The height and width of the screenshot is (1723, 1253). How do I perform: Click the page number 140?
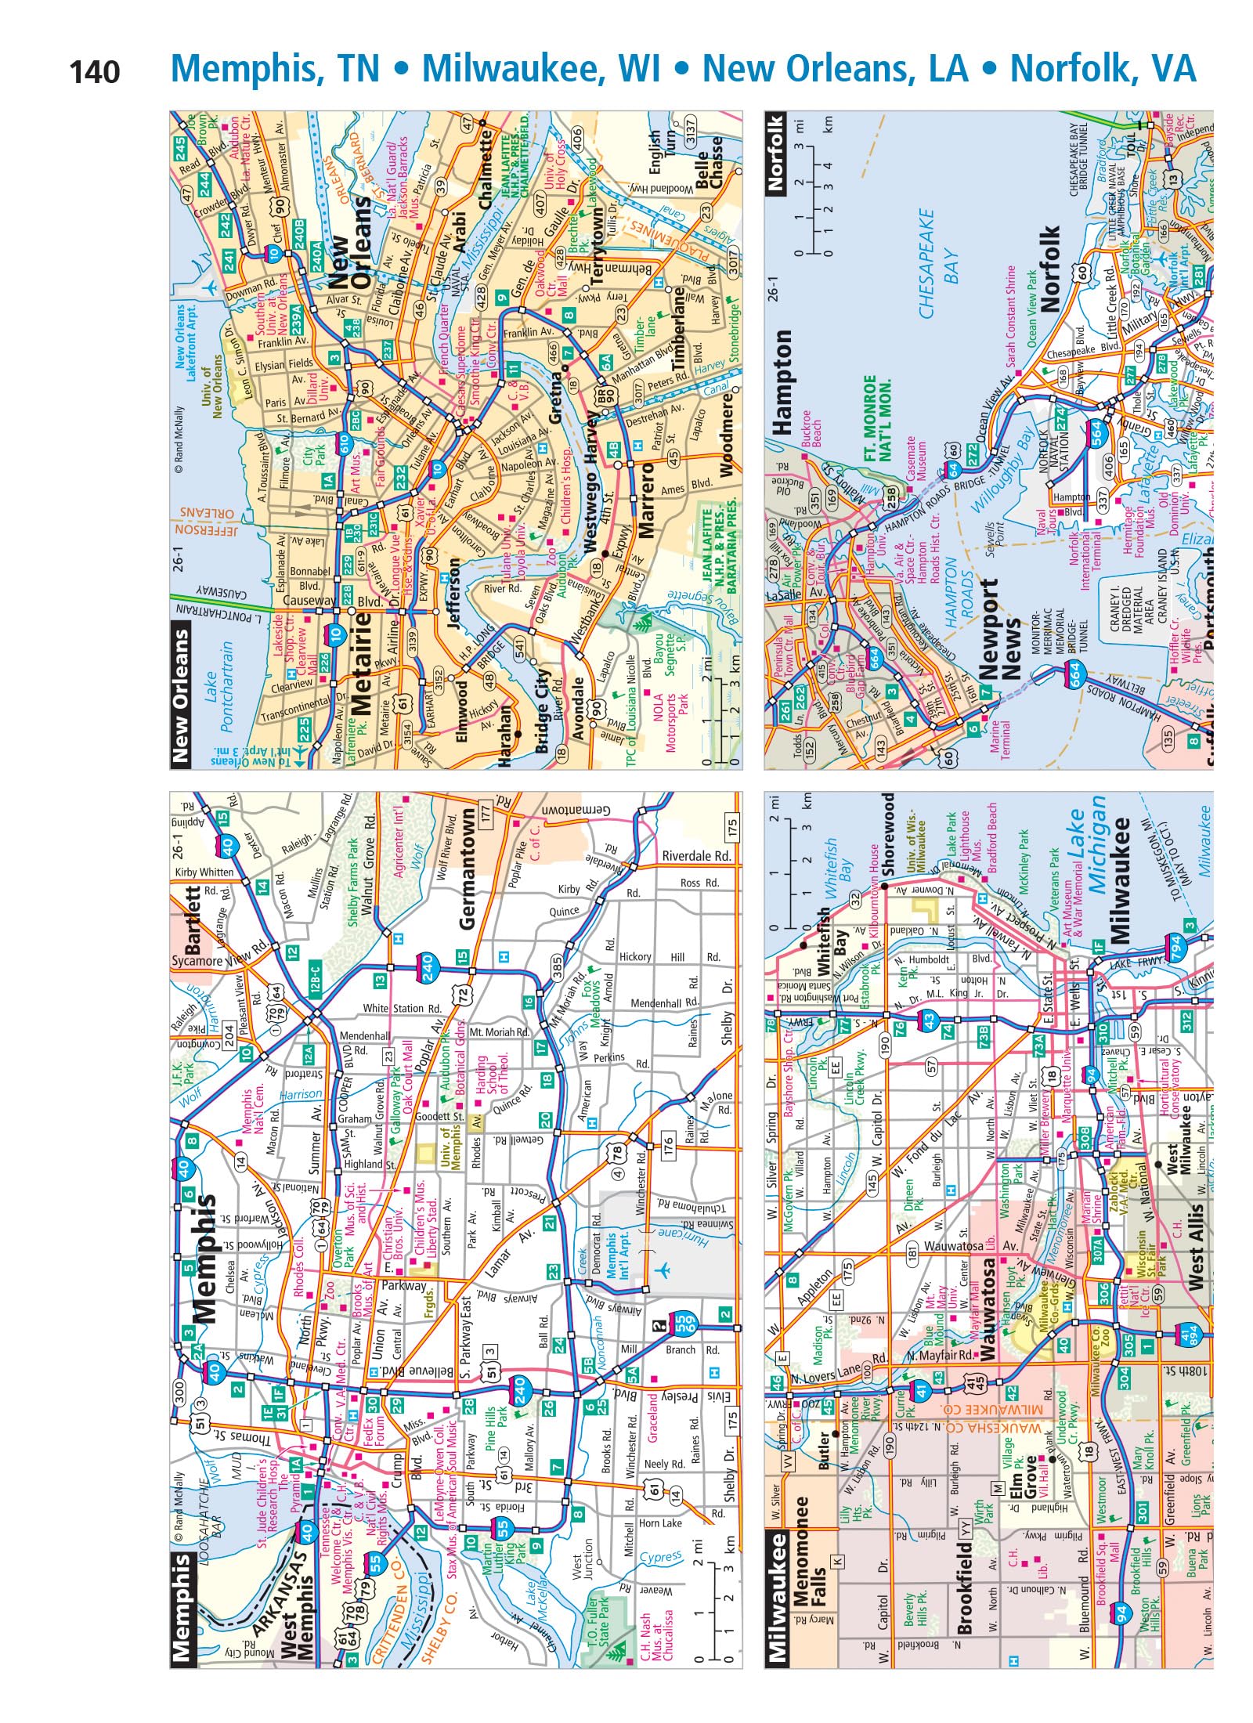point(95,72)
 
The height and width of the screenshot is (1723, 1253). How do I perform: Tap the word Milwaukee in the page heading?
point(540,69)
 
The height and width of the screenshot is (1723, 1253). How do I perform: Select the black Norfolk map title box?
point(776,154)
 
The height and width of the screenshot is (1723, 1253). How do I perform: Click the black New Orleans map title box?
point(181,693)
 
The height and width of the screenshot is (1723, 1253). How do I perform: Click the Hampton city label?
point(782,381)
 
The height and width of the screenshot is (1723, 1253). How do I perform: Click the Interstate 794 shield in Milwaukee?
point(1172,945)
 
